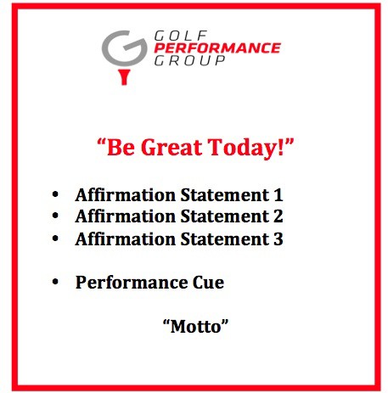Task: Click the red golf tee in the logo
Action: click(124, 76)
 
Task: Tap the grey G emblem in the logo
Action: click(125, 48)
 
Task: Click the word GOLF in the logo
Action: click(181, 36)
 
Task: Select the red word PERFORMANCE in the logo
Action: click(217, 48)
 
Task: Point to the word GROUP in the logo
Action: click(189, 60)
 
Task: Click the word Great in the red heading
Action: click(172, 147)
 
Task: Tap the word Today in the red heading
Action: click(243, 148)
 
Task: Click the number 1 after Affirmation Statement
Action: click(278, 195)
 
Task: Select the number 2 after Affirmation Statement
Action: click(278, 216)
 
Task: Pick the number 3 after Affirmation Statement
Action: click(278, 239)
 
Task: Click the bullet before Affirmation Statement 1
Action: click(55, 194)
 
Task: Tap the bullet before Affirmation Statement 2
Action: click(55, 216)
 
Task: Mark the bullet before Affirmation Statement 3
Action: click(55, 239)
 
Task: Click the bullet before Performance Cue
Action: click(55, 282)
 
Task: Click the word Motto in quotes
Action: click(195, 327)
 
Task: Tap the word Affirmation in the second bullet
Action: click(126, 216)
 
